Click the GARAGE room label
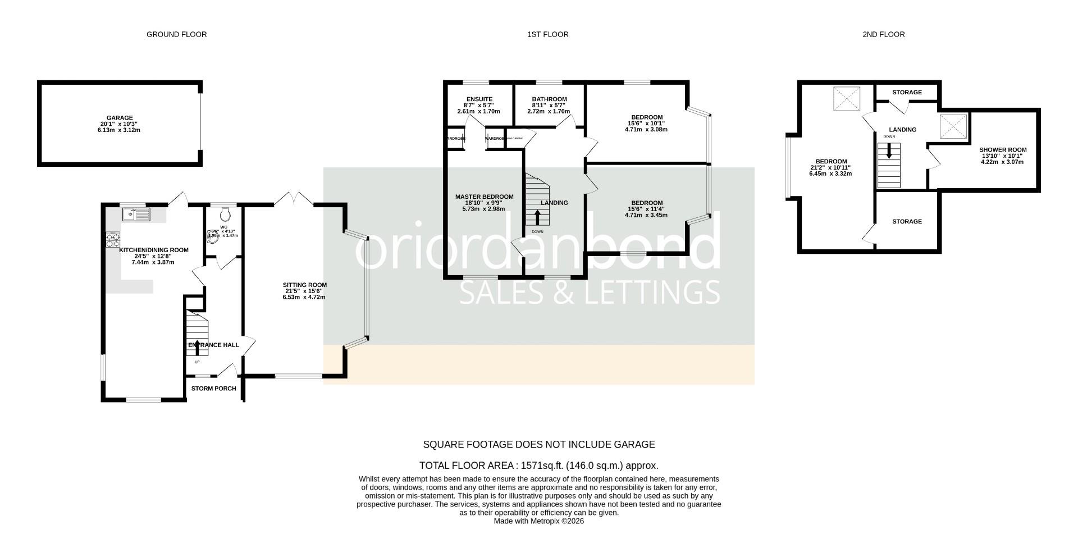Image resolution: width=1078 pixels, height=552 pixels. tap(118, 118)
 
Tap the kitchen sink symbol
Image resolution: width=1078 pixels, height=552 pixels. tap(136, 214)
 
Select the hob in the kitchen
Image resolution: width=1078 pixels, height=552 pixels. tap(112, 240)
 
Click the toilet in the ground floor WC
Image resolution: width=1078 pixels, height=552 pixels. tap(225, 213)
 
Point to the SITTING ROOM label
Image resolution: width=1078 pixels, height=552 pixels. tap(304, 285)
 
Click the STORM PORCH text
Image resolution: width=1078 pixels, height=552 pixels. tap(213, 389)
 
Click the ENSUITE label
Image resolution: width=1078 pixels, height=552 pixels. tap(479, 99)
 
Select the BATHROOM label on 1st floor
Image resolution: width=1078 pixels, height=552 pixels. tap(549, 99)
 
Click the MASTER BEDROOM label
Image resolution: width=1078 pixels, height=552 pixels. tap(484, 197)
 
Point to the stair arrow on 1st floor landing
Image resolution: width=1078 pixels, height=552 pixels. tap(537, 217)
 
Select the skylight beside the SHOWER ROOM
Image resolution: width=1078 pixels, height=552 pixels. tap(953, 126)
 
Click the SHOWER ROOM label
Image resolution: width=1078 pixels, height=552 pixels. tap(1003, 150)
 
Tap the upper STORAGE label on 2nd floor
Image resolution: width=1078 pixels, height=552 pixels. tap(907, 92)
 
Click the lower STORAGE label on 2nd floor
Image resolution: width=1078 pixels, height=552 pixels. tap(907, 221)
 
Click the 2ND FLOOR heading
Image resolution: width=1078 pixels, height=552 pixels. tap(883, 34)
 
